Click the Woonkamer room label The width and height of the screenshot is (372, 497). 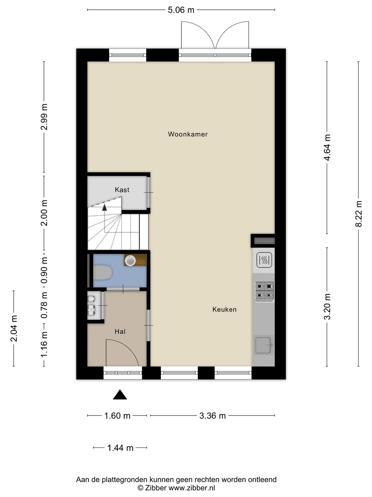pos(188,134)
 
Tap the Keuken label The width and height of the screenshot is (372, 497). pos(224,309)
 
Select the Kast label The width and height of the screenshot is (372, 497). pos(122,189)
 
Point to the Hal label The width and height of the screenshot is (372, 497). pos(120,331)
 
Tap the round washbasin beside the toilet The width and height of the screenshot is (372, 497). pos(130,260)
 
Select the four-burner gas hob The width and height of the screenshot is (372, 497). pos(264,292)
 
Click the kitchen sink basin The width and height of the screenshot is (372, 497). pos(263,345)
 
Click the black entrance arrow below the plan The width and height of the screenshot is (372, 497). pos(120,394)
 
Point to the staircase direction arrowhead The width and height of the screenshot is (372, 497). pos(104,207)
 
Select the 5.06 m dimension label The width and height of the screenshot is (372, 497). pos(181,10)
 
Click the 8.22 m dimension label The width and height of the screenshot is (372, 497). pos(359,214)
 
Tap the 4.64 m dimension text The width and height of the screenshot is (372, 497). pos(327,147)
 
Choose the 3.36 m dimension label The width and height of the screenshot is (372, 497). pos(212,416)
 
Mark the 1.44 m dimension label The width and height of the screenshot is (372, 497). pos(120,448)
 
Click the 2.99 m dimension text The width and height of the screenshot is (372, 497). pos(44,117)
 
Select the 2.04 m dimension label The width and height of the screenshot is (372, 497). pos(14,328)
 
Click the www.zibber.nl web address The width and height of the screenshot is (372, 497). pos(192,488)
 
